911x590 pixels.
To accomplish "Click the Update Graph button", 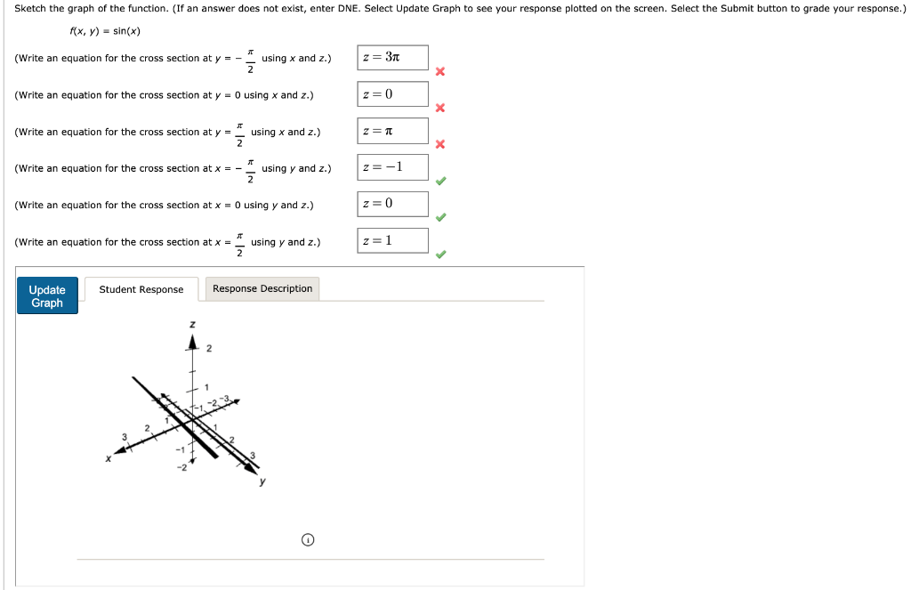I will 47,295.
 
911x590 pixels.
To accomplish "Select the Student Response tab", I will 141,289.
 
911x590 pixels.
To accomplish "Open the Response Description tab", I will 262,288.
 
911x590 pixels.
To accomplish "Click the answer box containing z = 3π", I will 392,58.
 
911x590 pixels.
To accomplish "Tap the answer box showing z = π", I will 392,132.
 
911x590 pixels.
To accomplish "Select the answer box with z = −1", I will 392,167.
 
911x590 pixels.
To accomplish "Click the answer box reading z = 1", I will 392,240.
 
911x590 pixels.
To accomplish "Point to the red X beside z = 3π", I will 439,72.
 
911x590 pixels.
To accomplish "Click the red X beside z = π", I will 439,145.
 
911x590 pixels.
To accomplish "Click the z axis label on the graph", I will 191,325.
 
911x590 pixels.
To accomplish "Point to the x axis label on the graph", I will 109,459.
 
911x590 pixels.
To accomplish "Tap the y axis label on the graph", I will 262,482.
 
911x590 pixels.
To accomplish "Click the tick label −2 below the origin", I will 181,466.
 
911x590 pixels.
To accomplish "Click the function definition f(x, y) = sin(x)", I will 105,32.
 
